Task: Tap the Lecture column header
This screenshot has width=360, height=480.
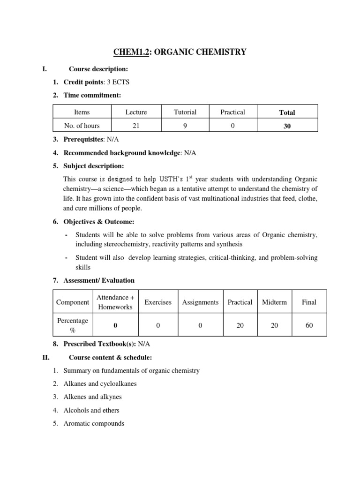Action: (136, 112)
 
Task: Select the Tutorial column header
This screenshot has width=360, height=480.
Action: (185, 112)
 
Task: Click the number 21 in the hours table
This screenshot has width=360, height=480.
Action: (136, 126)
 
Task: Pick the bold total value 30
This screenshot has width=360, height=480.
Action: (287, 126)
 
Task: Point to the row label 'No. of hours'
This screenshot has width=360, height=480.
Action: (82, 126)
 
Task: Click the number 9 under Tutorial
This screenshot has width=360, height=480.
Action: (185, 126)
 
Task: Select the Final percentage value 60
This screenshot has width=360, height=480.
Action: (309, 325)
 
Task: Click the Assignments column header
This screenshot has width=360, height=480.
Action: (200, 302)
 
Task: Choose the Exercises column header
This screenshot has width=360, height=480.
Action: (158, 302)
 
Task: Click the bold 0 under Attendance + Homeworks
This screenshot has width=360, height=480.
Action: (115, 325)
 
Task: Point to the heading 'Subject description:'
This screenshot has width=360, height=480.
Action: (94, 166)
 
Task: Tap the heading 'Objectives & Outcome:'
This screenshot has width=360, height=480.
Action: (98, 221)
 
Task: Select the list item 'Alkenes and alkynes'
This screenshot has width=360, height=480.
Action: (92, 397)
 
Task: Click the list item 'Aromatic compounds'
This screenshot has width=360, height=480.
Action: (94, 423)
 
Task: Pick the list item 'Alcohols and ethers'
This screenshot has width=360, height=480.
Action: (91, 410)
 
